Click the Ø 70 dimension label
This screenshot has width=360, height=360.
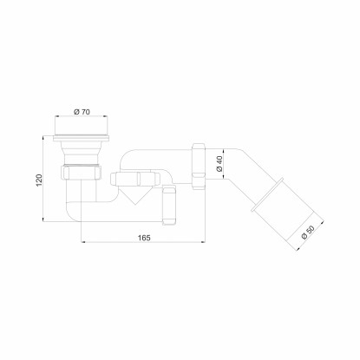82,112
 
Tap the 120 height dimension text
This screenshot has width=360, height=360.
39,180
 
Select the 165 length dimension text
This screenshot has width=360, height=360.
144,238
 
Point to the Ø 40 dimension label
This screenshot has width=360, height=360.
219,164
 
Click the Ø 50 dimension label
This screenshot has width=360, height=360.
308,232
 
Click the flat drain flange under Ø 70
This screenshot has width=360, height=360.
82,138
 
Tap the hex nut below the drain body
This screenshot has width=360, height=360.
82,173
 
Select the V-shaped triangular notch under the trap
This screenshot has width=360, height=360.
134,195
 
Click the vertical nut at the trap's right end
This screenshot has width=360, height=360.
169,206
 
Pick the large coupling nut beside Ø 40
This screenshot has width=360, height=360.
199,166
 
